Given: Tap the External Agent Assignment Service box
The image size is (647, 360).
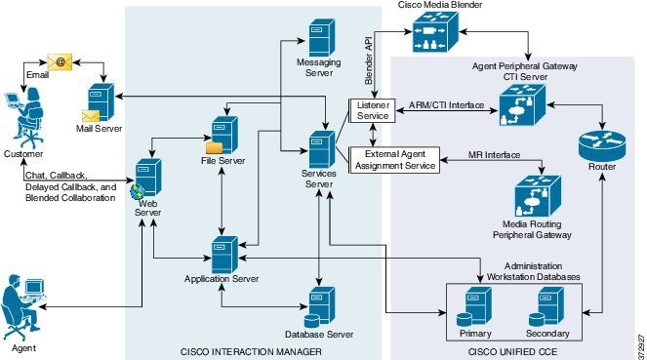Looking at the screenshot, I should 393,160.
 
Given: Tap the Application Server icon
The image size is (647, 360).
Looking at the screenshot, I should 227,254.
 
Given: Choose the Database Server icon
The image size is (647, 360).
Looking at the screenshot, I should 320,307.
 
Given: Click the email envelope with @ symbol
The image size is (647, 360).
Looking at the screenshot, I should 59,60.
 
